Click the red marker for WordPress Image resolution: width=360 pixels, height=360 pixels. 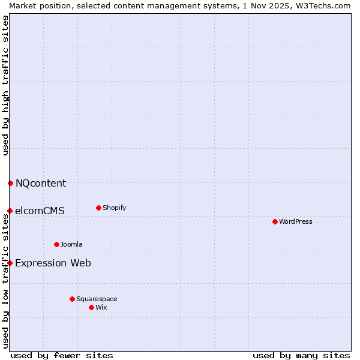click(x=275, y=221)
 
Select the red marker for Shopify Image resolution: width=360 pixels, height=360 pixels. click(x=98, y=208)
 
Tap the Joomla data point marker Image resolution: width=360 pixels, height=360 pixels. click(x=56, y=244)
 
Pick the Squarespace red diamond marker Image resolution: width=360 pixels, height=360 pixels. click(x=72, y=299)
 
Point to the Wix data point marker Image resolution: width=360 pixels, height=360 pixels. click(x=91, y=307)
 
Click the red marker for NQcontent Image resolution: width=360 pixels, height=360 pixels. click(x=10, y=183)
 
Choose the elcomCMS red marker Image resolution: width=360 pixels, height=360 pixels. click(x=10, y=211)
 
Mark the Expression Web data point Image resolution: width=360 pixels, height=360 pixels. click(x=10, y=263)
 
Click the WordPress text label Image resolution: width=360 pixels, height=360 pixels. click(x=296, y=221)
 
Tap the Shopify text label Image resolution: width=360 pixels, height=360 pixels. click(x=114, y=208)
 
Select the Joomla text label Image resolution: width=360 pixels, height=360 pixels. click(x=71, y=244)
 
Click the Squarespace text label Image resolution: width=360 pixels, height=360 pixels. click(x=97, y=299)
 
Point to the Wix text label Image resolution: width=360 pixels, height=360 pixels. click(x=101, y=307)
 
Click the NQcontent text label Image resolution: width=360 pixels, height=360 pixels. click(x=41, y=184)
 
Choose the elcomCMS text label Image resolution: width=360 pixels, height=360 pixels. click(x=40, y=211)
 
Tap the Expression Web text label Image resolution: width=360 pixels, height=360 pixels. click(x=53, y=263)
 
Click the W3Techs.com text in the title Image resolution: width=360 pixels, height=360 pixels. click(x=326, y=5)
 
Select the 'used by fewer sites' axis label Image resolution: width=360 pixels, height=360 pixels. click(x=62, y=355)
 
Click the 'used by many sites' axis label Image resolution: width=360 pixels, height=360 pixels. click(x=301, y=355)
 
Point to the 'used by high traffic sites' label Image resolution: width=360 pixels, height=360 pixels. click(x=5, y=85)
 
